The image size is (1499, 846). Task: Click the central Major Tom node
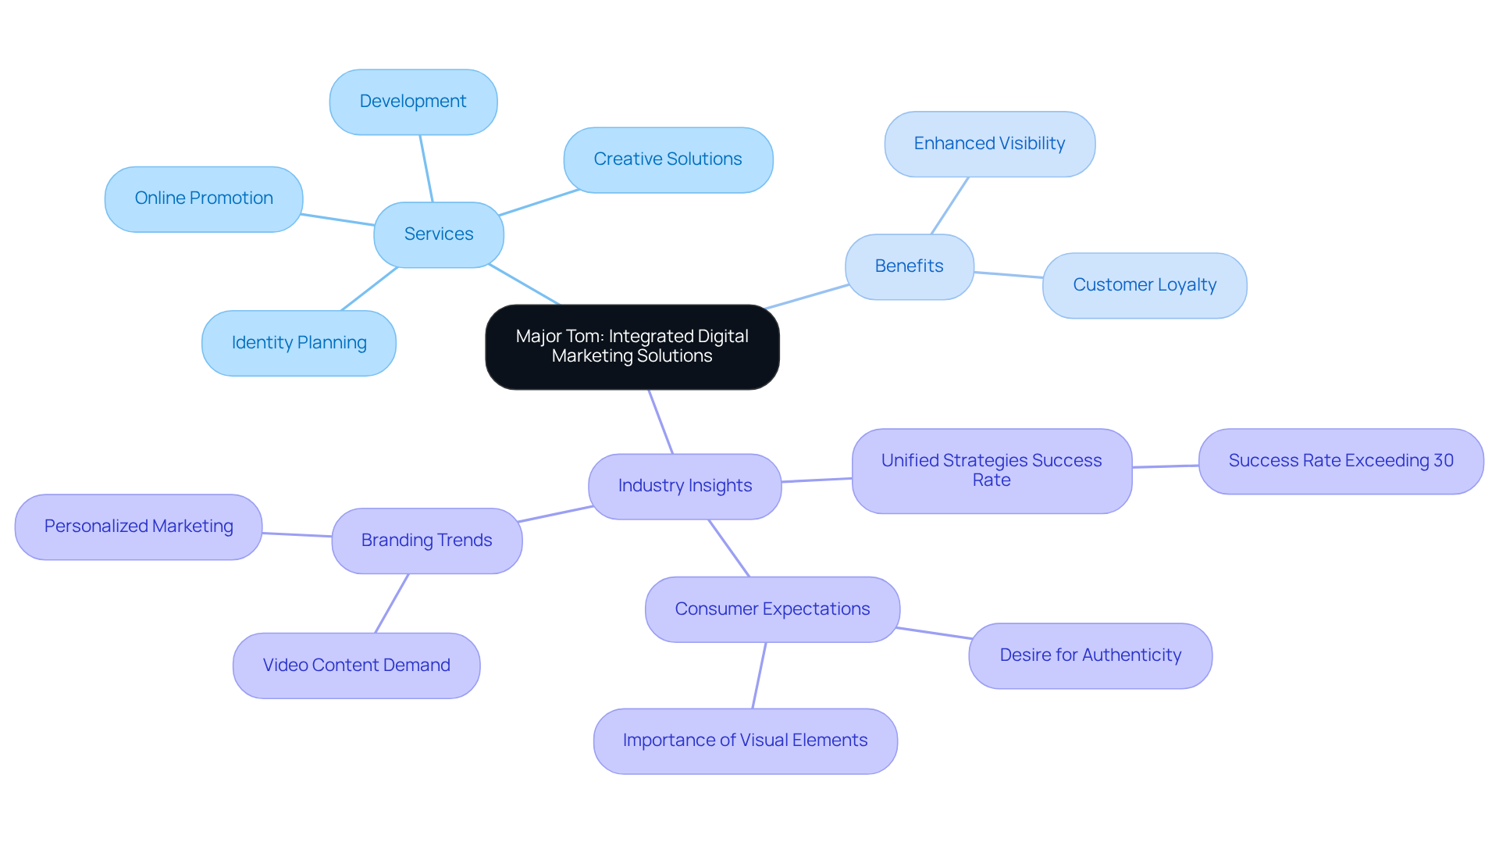pyautogui.click(x=632, y=347)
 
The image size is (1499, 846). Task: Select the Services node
pyautogui.click(x=439, y=234)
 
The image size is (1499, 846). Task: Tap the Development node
pyautogui.click(x=413, y=102)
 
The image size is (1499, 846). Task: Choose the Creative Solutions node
pyautogui.click(x=668, y=159)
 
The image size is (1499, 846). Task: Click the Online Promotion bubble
pyautogui.click(x=204, y=198)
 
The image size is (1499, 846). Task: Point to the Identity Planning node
pyautogui.click(x=299, y=343)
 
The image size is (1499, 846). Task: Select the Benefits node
pyautogui.click(x=909, y=266)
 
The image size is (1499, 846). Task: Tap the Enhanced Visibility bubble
pyautogui.click(x=989, y=144)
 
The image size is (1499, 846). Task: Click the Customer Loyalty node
pyautogui.click(x=1144, y=285)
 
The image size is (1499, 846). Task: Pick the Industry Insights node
pyautogui.click(x=685, y=486)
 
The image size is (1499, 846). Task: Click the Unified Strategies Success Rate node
pyautogui.click(x=992, y=470)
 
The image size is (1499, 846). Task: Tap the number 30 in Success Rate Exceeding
pyautogui.click(x=1444, y=461)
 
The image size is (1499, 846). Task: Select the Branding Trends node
pyautogui.click(x=426, y=541)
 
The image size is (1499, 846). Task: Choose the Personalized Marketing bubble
pyautogui.click(x=139, y=527)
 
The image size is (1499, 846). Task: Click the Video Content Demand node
pyautogui.click(x=356, y=666)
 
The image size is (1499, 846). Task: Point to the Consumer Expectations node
pyautogui.click(x=772, y=609)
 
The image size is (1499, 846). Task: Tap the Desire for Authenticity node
pyautogui.click(x=1090, y=655)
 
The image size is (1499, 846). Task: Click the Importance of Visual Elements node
pyautogui.click(x=745, y=741)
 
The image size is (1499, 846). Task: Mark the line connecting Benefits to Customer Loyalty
pyautogui.click(x=1008, y=274)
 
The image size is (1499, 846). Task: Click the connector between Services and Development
pyautogui.click(x=426, y=169)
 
